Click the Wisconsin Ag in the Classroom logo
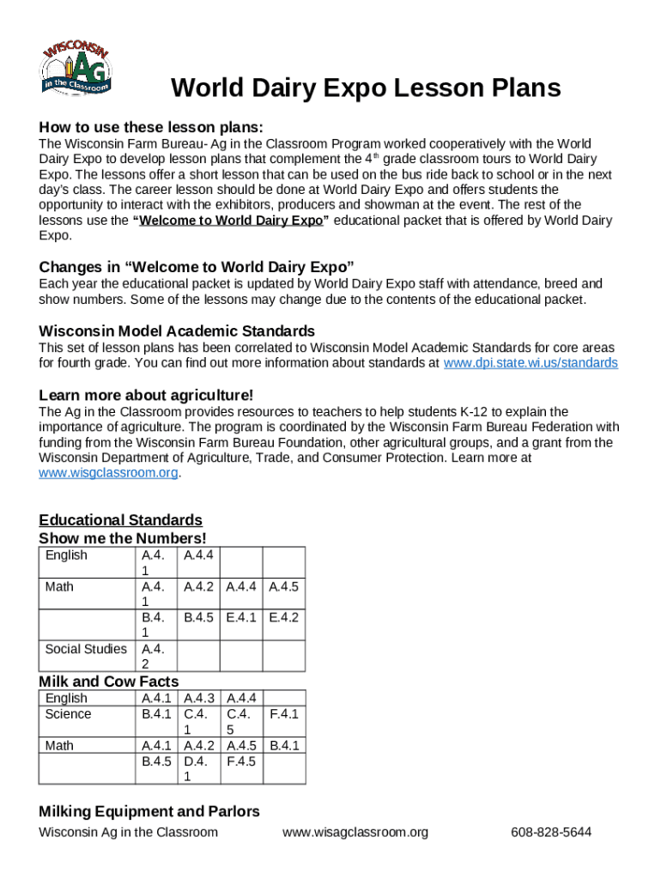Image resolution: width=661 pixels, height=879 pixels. click(76, 67)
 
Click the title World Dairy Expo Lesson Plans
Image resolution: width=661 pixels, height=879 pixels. click(366, 88)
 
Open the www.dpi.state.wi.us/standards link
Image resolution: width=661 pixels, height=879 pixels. click(530, 363)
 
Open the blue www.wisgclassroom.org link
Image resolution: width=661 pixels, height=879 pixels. click(109, 473)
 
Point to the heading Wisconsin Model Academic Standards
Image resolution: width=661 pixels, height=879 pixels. click(177, 331)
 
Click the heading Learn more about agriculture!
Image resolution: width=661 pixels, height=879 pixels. click(146, 395)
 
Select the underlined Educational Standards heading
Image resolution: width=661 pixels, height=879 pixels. click(121, 520)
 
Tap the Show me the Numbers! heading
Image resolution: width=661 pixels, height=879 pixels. click(123, 538)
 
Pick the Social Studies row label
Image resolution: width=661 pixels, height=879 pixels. click(86, 649)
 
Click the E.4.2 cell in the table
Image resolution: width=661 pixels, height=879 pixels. click(283, 617)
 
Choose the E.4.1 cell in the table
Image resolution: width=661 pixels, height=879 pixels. click(241, 617)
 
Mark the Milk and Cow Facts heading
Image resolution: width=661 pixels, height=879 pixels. click(109, 682)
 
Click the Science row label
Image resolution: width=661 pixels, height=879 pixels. click(68, 714)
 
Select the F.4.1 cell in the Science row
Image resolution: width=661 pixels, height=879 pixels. click(284, 714)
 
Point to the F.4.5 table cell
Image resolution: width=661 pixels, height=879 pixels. click(241, 761)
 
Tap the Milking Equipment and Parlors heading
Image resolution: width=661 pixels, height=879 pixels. click(149, 811)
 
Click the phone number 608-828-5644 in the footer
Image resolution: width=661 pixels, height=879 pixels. click(550, 833)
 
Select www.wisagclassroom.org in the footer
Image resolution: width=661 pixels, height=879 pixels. click(355, 833)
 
